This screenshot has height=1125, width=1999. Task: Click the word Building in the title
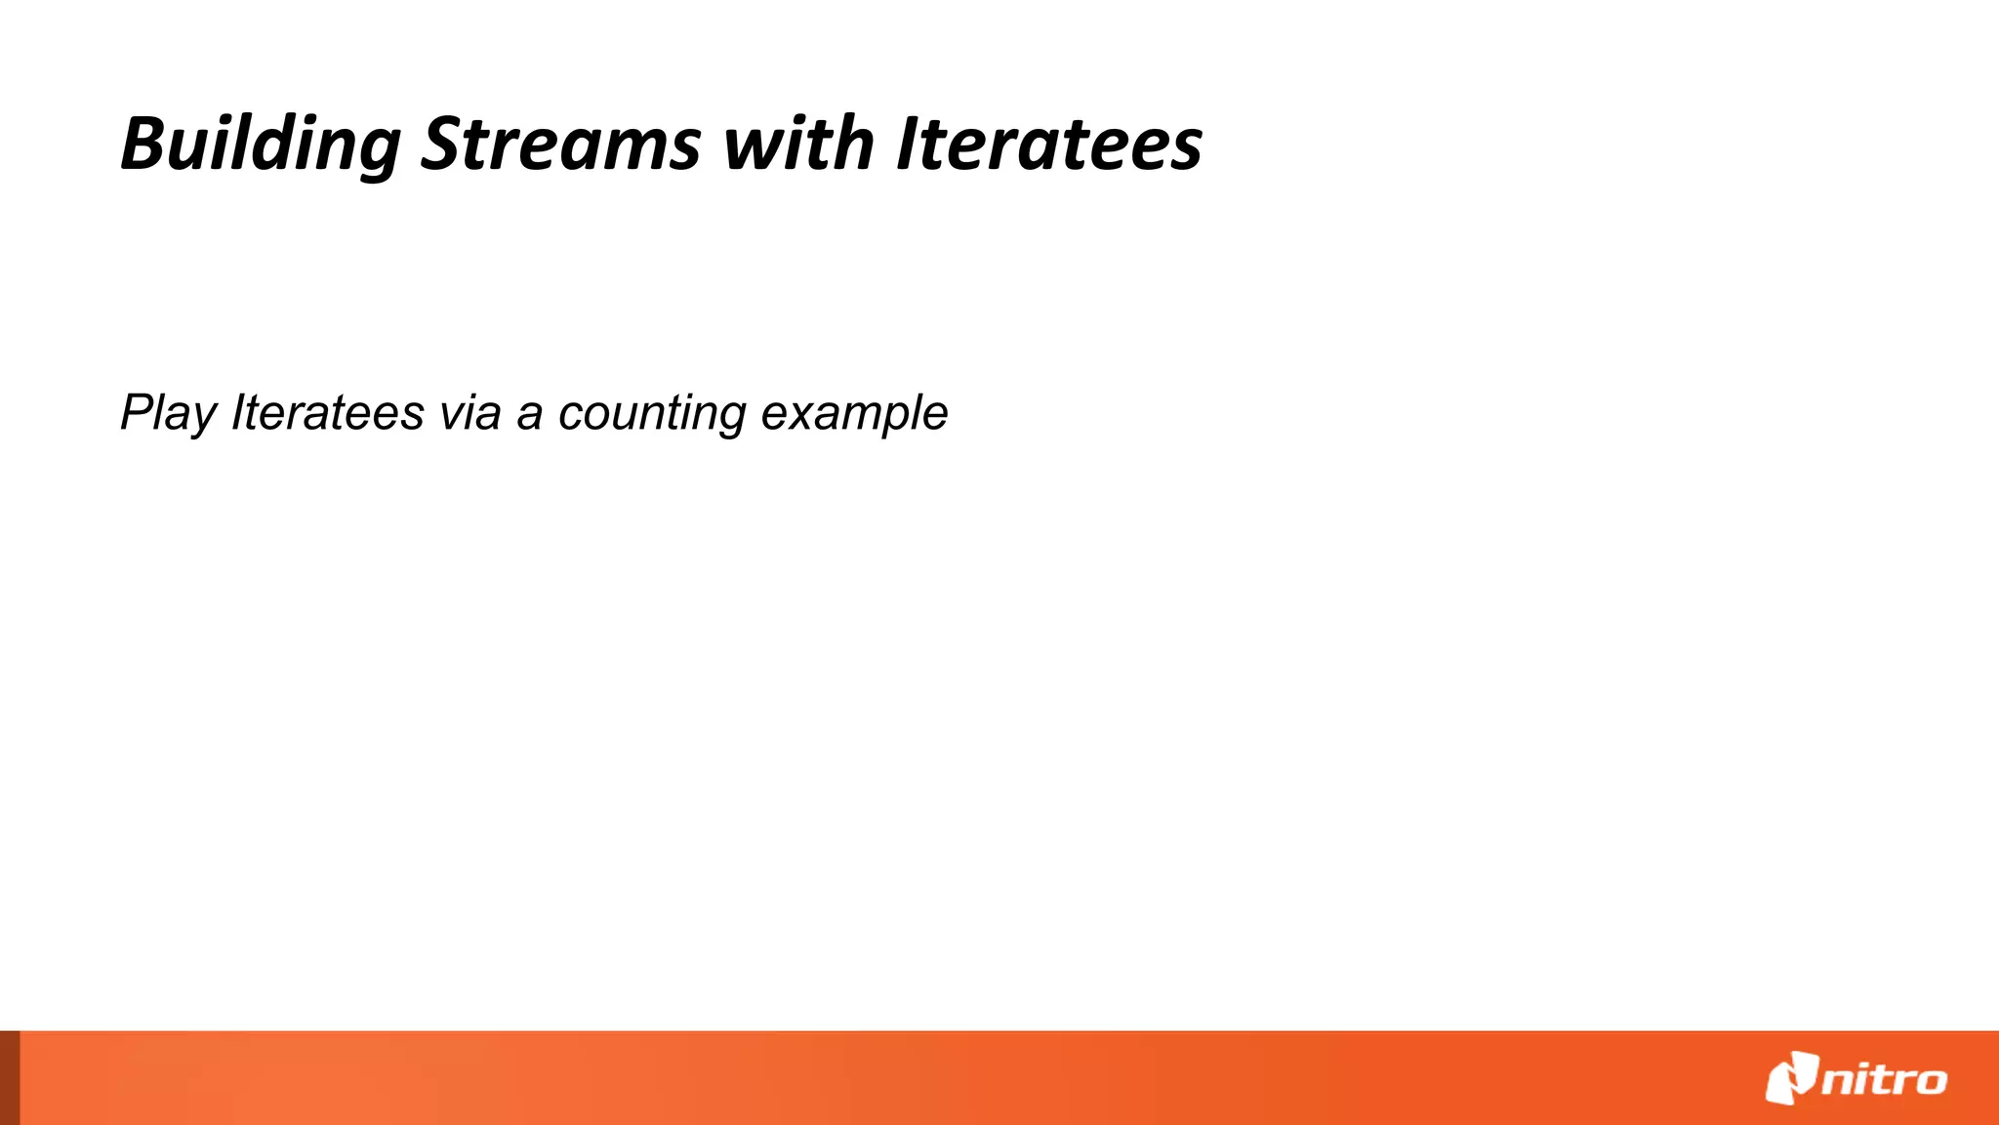(x=260, y=145)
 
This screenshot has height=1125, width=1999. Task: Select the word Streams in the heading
(x=560, y=145)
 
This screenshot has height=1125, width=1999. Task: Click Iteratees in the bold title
(x=1049, y=145)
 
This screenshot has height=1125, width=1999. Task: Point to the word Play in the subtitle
(x=168, y=413)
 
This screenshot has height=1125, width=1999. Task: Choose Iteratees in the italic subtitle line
(x=327, y=413)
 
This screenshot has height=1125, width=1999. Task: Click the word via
(x=470, y=413)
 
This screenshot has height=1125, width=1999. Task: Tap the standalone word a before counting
(x=529, y=413)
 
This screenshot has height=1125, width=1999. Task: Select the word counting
(x=652, y=413)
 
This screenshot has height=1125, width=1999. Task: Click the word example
(x=854, y=413)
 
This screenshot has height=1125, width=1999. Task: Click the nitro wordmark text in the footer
(x=1884, y=1080)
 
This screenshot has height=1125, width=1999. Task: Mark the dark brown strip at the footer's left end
(x=10, y=1078)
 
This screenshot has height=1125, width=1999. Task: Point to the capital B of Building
(x=143, y=145)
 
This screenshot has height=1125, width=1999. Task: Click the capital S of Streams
(x=440, y=145)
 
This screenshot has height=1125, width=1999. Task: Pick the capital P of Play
(x=137, y=413)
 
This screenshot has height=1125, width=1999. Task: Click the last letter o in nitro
(x=1930, y=1081)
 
